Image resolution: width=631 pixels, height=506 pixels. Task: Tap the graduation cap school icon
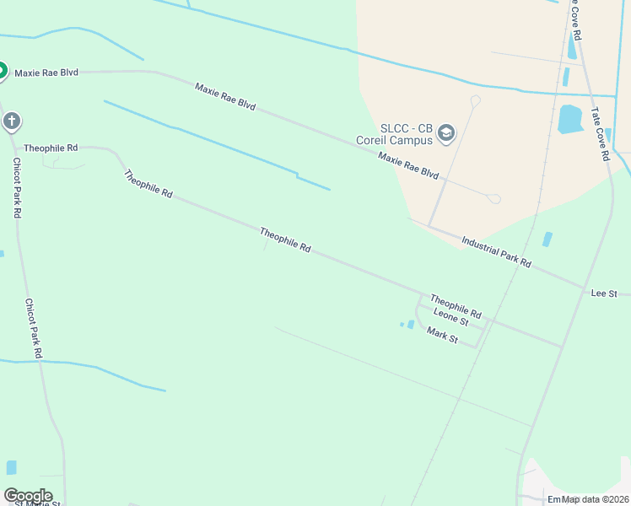[x=445, y=132]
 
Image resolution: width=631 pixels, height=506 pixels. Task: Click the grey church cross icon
[x=12, y=121]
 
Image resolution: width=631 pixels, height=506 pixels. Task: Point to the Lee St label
[x=604, y=293]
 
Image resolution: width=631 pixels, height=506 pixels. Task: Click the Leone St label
[x=450, y=316]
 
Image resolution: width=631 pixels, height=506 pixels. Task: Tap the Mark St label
[x=442, y=336]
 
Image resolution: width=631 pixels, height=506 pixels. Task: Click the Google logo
[x=27, y=496]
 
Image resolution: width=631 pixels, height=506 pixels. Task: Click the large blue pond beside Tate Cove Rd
[x=571, y=120]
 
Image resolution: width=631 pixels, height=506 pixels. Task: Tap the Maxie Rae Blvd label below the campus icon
[x=408, y=165]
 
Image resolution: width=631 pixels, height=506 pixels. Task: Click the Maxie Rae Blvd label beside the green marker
[x=46, y=73]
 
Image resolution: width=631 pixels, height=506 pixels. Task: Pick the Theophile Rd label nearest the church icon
[x=51, y=148]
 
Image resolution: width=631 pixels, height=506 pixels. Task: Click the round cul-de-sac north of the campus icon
[x=475, y=101]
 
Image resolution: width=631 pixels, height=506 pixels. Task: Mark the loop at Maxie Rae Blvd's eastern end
[x=494, y=199]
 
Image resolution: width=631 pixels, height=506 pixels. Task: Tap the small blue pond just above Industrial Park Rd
[x=547, y=240]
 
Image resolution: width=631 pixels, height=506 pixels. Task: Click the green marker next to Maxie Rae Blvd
[x=2, y=71]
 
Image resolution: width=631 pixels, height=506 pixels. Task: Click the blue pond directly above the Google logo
[x=12, y=467]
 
